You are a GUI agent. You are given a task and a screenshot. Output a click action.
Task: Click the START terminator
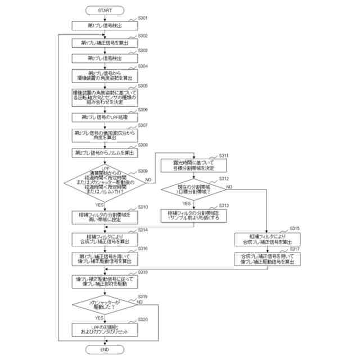104,11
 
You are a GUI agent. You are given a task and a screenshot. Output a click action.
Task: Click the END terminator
104,349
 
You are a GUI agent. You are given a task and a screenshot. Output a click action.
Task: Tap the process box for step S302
104,43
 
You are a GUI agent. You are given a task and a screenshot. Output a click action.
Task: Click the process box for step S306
104,117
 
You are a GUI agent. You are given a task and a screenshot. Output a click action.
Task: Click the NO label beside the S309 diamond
148,179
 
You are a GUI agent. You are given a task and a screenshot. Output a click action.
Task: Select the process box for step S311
194,165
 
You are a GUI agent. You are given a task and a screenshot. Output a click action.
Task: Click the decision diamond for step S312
194,190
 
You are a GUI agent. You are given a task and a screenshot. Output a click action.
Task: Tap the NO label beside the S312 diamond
229,186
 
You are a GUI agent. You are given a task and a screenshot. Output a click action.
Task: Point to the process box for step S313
194,215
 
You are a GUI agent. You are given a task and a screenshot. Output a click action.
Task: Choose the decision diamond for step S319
104,307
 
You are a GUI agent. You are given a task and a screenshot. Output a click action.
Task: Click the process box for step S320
104,330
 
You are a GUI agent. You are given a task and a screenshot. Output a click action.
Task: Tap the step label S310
143,207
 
